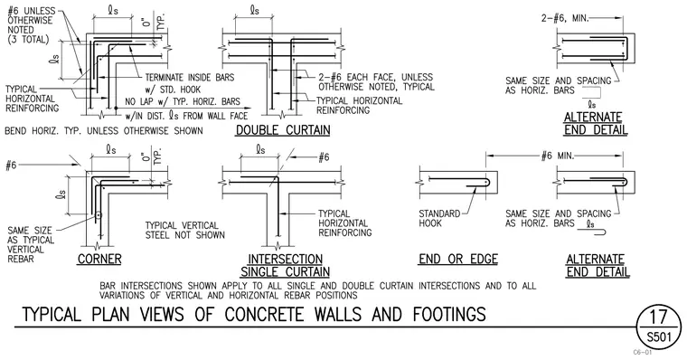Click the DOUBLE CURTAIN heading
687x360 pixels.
tap(283, 130)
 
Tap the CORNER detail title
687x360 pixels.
tap(99, 260)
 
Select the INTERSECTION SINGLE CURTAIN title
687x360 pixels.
tap(286, 266)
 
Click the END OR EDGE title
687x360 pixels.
tap(458, 260)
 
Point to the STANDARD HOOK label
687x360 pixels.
tap(439, 218)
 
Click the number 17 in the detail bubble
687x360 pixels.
tap(658, 317)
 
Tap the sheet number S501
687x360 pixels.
tap(658, 337)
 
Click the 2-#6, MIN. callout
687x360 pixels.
tap(565, 18)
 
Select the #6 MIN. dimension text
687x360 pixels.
tap(558, 156)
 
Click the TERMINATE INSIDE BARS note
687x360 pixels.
tap(190, 78)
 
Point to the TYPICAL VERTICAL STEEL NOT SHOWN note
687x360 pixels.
tap(185, 231)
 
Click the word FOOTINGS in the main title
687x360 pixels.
tap(449, 315)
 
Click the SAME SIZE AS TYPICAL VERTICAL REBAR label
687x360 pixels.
tap(31, 245)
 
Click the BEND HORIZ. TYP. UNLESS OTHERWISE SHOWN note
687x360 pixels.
tap(104, 130)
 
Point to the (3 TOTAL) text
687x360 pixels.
tap(29, 40)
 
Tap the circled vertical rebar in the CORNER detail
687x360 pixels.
tap(99, 215)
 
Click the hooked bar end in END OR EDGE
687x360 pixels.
tap(486, 183)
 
